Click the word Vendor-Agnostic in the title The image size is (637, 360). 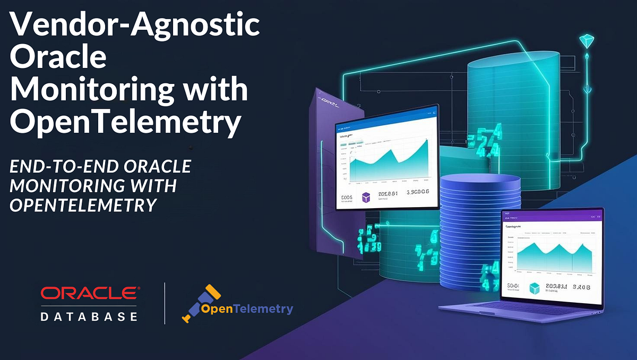coord(135,25)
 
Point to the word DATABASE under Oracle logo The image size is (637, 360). coord(89,316)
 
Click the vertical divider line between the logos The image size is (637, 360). coord(165,303)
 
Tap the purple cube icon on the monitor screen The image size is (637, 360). coord(366,198)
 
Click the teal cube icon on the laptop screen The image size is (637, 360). coord(535,288)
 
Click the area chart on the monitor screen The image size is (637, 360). coord(390,159)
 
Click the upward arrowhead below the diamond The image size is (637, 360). coord(587,55)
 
